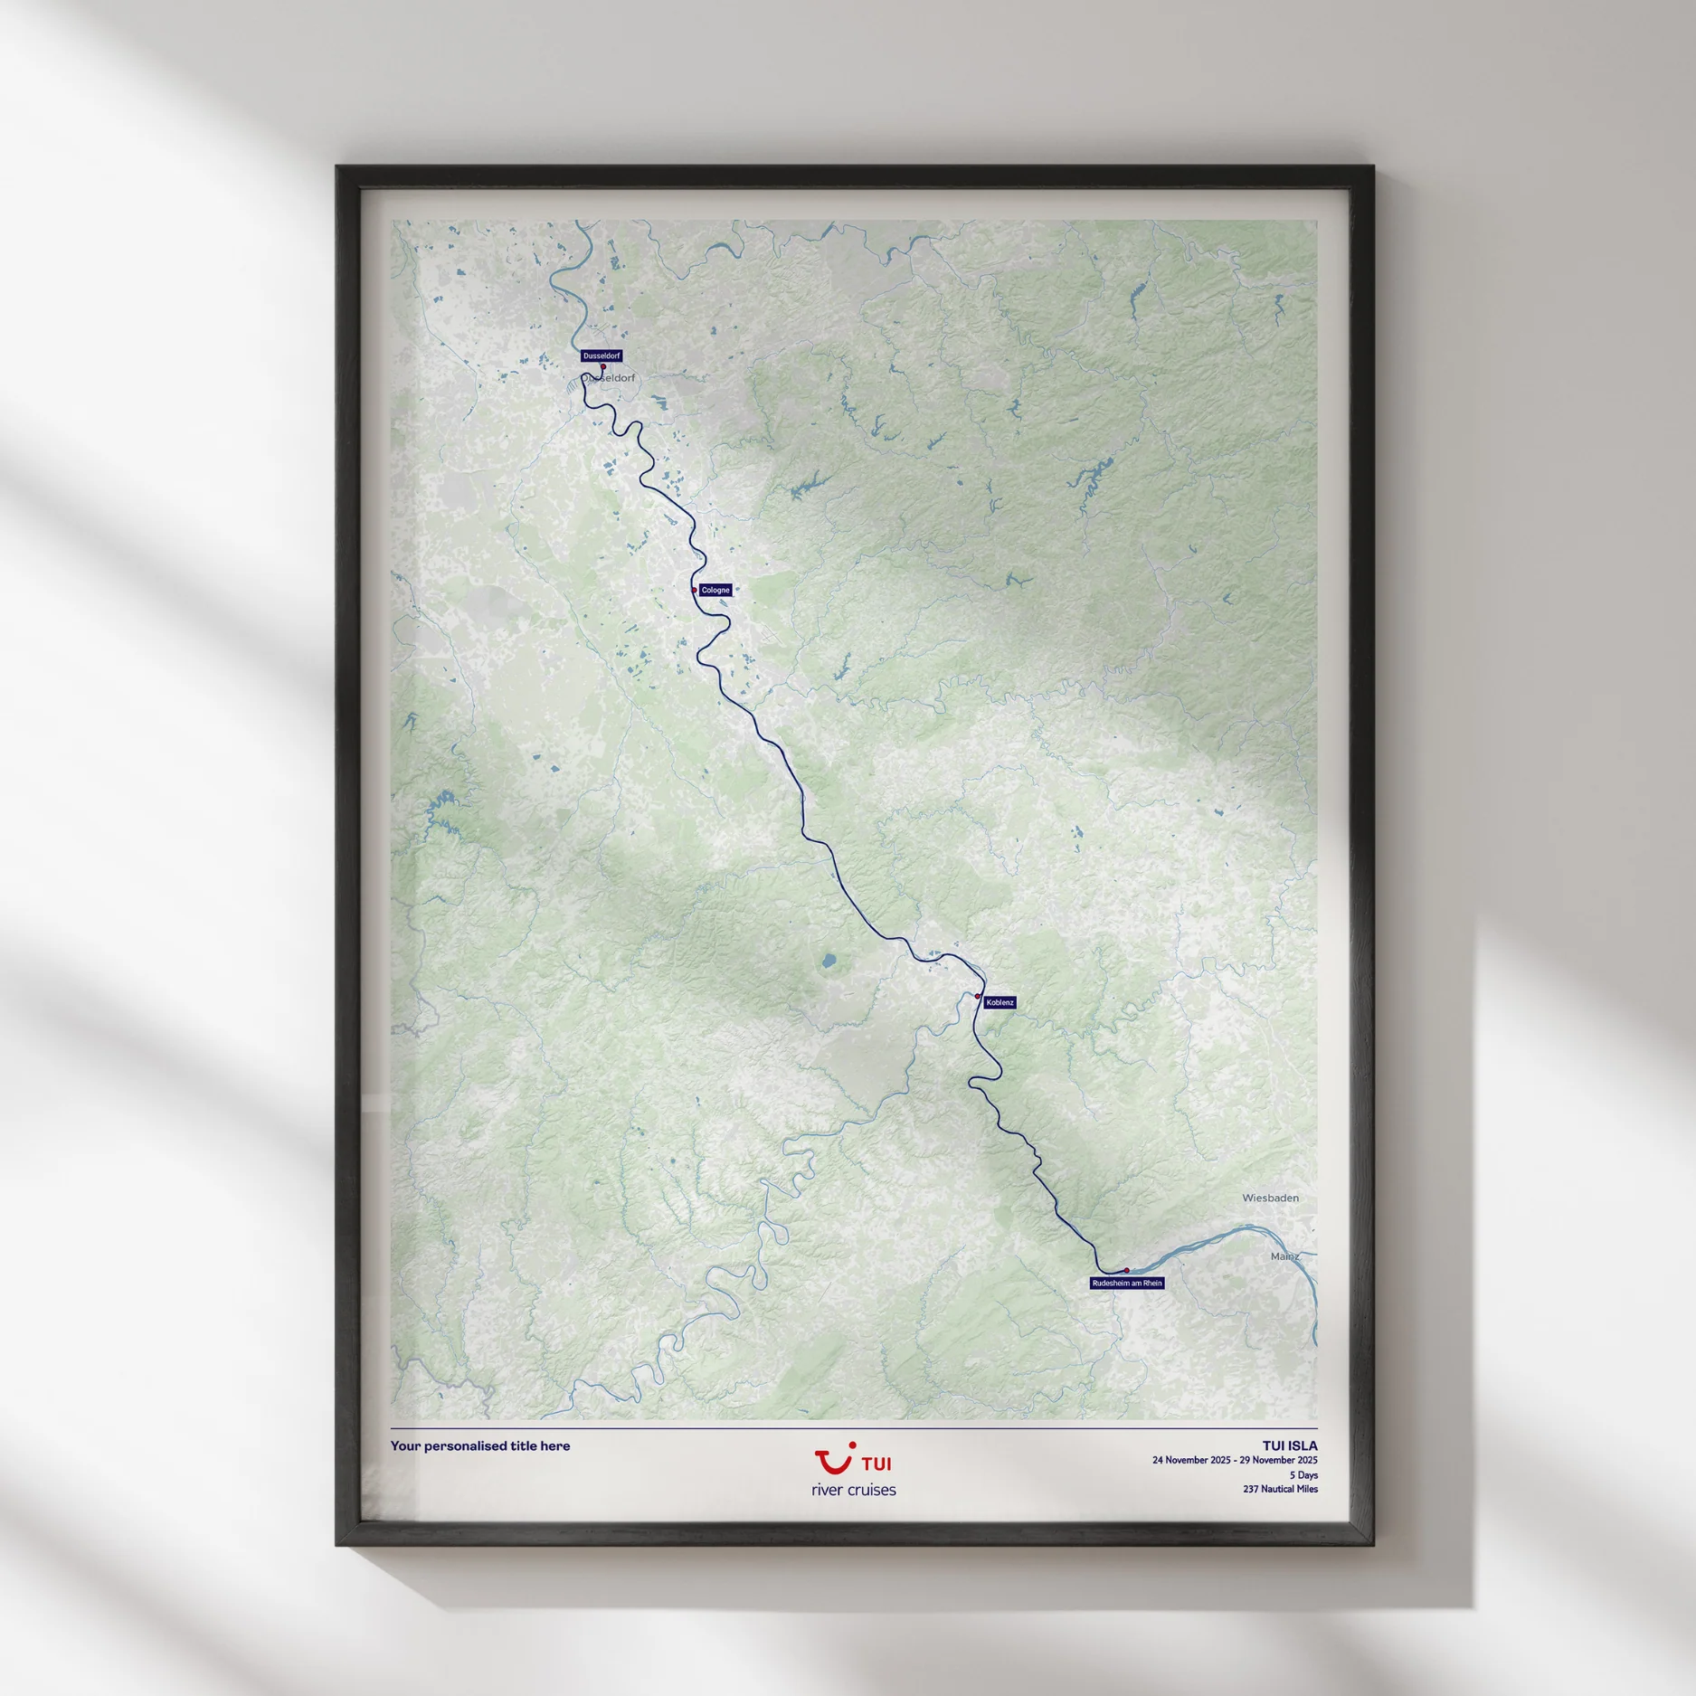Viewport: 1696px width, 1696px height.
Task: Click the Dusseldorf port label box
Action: [602, 355]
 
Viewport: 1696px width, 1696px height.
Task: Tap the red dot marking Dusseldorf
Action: [603, 367]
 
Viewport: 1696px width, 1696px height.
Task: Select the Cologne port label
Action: [715, 590]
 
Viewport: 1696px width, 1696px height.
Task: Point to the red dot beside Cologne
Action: [695, 591]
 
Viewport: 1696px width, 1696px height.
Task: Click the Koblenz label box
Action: [1000, 1002]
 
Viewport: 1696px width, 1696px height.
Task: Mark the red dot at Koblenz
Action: [978, 997]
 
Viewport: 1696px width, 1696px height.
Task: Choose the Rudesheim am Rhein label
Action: [1127, 1283]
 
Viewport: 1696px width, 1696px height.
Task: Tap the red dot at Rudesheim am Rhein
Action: [1127, 1270]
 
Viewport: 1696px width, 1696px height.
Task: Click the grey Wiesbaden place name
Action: [1270, 1198]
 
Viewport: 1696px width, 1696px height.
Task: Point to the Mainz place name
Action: [1284, 1256]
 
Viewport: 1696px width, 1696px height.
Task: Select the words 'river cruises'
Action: [854, 1490]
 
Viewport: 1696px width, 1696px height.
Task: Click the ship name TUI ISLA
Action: [1290, 1445]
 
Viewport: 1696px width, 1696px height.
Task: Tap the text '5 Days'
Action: [1303, 1475]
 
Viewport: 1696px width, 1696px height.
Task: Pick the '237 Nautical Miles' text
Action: [1280, 1489]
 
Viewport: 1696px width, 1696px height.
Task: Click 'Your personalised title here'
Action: [480, 1445]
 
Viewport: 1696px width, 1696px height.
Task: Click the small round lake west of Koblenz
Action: [829, 962]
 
